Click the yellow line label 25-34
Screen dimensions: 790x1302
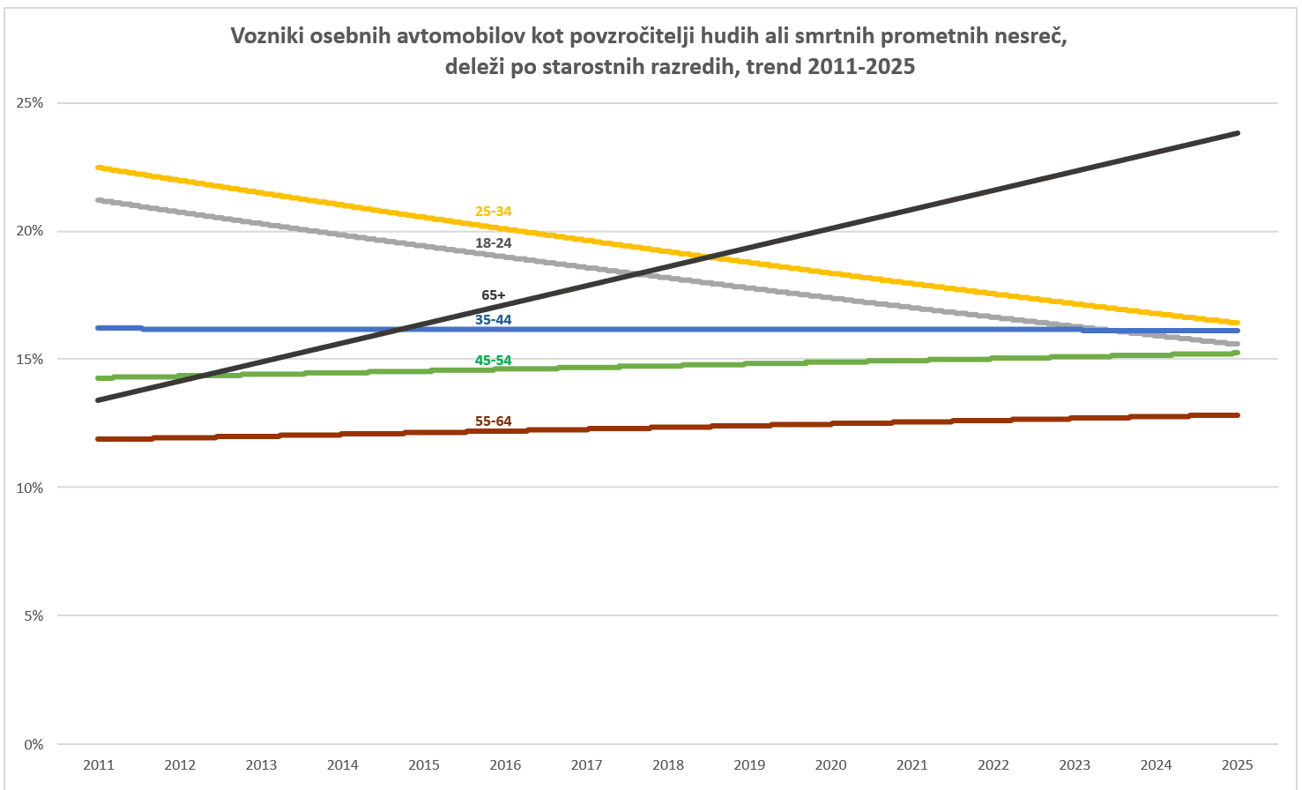point(493,212)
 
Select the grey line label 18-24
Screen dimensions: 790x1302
point(493,243)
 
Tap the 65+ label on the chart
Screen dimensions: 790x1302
point(493,295)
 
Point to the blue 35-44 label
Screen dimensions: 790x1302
point(493,320)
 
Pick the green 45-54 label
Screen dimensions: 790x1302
point(493,361)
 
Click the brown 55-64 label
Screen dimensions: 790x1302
point(493,421)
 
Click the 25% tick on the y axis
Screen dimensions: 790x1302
point(30,103)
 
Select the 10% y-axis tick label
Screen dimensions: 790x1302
point(30,488)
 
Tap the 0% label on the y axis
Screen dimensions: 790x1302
point(33,744)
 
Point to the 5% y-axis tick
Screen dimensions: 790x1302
point(33,616)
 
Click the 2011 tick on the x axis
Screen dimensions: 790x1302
point(99,764)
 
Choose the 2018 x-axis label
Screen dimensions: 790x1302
point(668,764)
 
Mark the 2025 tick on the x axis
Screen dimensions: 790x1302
point(1237,764)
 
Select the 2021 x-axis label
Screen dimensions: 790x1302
point(911,764)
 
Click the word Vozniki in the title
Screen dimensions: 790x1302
point(267,36)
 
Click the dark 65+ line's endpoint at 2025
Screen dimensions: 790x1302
point(1238,133)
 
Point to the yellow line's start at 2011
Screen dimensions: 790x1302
point(98,167)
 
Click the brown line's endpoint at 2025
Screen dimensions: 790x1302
point(1238,415)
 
